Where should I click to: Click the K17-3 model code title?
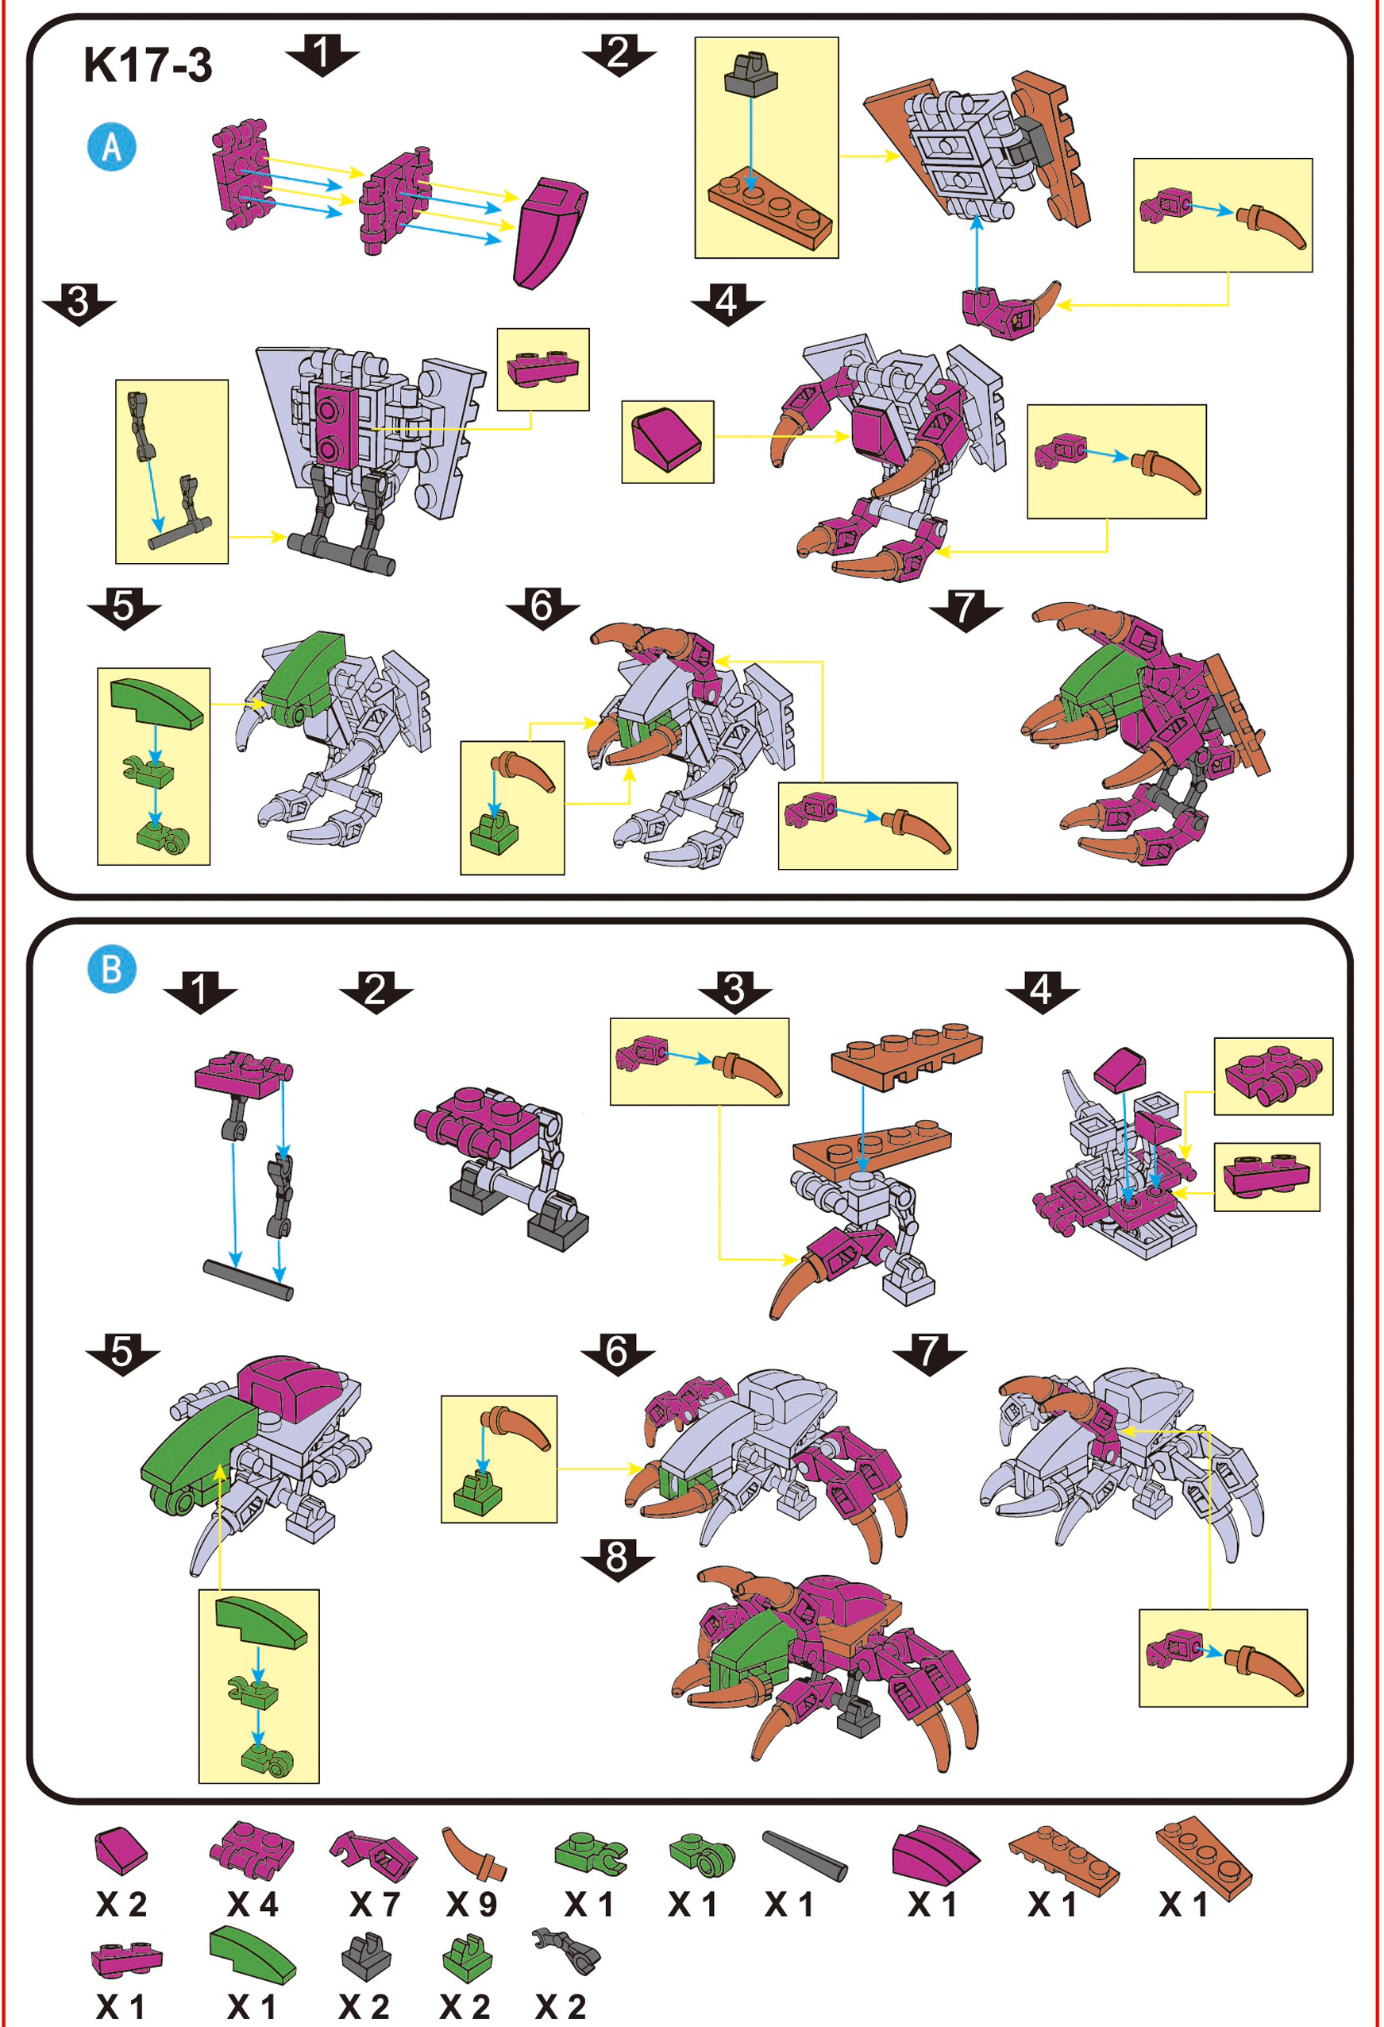pyautogui.click(x=148, y=65)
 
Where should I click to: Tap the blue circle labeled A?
pyautogui.click(x=112, y=146)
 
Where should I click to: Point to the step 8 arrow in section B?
pyautogui.click(x=618, y=1557)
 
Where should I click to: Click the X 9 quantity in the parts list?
pyautogui.click(x=471, y=1904)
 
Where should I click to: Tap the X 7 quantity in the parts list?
pyautogui.click(x=374, y=1904)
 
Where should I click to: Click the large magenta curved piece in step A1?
pyautogui.click(x=550, y=232)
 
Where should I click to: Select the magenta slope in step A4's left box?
pyautogui.click(x=667, y=442)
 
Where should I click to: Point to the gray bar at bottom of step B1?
pyautogui.click(x=249, y=1280)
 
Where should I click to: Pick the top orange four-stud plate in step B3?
pyautogui.click(x=907, y=1056)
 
